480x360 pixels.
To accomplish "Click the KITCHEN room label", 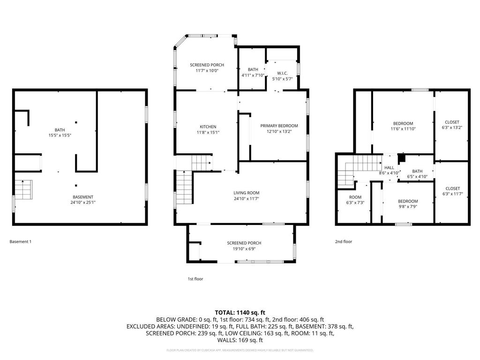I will [x=208, y=127].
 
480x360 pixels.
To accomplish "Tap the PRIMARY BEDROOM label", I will [x=279, y=126].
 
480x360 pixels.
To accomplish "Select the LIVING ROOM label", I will [x=247, y=193].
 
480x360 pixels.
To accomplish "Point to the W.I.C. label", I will [x=282, y=73].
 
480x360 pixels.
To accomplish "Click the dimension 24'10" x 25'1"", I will [x=82, y=202].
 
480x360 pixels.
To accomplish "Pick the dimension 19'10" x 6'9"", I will [x=244, y=248].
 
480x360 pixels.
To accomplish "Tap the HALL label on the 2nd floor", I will [x=389, y=167].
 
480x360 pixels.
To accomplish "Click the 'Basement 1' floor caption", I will [x=21, y=242].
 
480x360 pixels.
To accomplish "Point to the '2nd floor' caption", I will [x=343, y=242].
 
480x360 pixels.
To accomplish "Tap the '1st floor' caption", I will [x=195, y=279].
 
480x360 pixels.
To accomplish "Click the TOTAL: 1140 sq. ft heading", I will [x=240, y=312].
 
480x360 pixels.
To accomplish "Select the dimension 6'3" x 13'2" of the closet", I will [x=452, y=128].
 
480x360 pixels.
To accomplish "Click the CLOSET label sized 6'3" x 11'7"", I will [x=452, y=188].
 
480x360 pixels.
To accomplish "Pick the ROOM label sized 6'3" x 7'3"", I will [x=355, y=197].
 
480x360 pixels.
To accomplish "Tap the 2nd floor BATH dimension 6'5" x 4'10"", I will [x=417, y=177].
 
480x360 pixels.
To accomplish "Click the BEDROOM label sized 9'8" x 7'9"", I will [x=408, y=201].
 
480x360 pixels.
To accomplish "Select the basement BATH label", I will [x=60, y=130].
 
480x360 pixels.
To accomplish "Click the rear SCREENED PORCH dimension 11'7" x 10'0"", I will [x=207, y=70].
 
